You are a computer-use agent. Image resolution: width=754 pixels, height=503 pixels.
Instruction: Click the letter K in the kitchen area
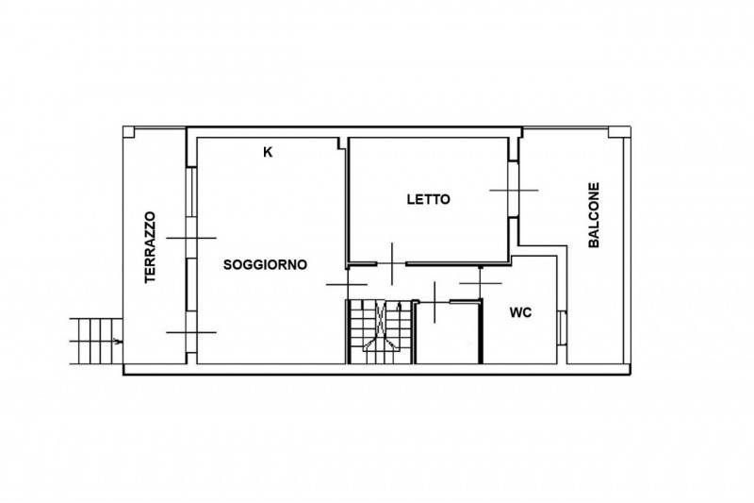click(x=268, y=153)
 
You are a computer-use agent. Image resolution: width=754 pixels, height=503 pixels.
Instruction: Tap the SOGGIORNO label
click(x=265, y=265)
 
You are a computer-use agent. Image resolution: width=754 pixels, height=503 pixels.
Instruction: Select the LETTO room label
click(x=429, y=199)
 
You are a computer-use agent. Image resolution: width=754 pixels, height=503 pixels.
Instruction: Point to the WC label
click(x=520, y=313)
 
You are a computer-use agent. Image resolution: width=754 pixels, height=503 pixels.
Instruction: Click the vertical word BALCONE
click(x=595, y=214)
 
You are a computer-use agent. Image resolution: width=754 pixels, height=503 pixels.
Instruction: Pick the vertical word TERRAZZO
click(x=151, y=247)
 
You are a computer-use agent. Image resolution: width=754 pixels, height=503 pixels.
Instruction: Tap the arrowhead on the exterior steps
click(x=118, y=342)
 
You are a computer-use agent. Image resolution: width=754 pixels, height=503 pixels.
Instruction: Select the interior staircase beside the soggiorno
click(x=381, y=331)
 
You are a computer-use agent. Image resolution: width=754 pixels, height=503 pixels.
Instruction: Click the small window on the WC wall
click(x=562, y=327)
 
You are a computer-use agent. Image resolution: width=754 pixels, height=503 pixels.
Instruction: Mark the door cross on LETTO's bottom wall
click(x=392, y=264)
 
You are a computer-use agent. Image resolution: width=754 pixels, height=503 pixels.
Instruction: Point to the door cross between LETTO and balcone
click(x=514, y=190)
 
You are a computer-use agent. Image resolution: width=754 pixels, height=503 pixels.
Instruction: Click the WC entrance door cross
click(x=481, y=283)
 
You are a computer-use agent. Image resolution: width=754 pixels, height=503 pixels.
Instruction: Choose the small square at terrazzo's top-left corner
click(x=129, y=132)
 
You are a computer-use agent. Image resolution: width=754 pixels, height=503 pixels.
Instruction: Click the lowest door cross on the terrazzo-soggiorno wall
click(x=191, y=332)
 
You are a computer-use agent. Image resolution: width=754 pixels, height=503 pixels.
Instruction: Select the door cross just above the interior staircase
click(x=347, y=284)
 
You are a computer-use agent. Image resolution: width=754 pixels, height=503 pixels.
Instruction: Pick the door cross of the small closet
click(x=434, y=302)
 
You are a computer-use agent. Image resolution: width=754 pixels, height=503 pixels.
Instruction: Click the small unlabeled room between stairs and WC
click(x=448, y=333)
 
